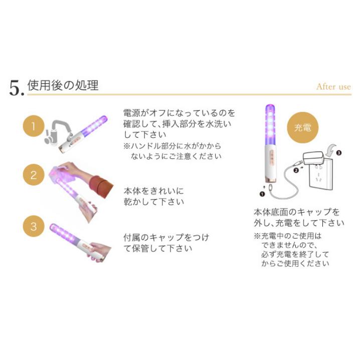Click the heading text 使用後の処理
(x=62, y=85)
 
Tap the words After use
(x=333, y=87)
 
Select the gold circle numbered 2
(x=34, y=175)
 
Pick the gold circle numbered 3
(x=34, y=226)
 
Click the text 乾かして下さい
(x=154, y=202)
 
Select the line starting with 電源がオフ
(x=179, y=113)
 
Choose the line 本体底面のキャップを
(x=296, y=212)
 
